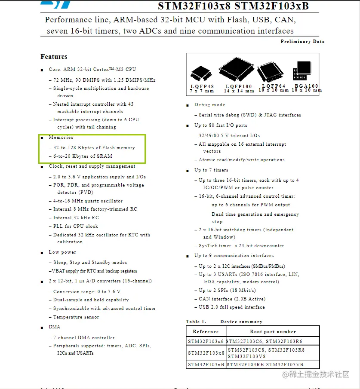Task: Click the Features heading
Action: tap(54, 57)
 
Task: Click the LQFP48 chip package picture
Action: tap(201, 74)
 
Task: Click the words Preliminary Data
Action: tap(302, 42)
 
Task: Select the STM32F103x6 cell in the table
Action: tap(206, 341)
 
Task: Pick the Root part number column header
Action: tap(273, 332)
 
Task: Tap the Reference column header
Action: tap(206, 332)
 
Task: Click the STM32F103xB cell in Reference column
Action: tap(206, 364)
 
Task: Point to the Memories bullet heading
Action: tap(61, 138)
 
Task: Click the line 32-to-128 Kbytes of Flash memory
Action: tap(94, 147)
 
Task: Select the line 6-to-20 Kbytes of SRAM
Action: tap(83, 156)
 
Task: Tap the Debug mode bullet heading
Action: tap(209, 104)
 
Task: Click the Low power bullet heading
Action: tap(62, 252)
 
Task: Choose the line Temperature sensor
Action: tap(76, 317)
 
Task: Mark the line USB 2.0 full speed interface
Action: tap(232, 307)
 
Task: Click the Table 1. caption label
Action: tap(196, 322)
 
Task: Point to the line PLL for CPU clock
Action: tap(76, 226)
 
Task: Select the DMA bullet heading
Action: tap(55, 327)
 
